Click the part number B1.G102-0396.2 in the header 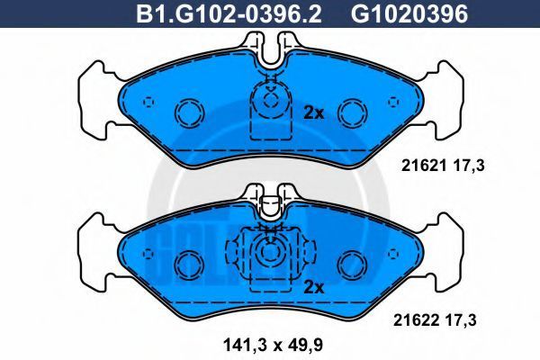(x=229, y=13)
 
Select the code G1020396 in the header (x=409, y=13)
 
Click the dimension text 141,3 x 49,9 (x=273, y=345)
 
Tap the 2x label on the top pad (x=314, y=112)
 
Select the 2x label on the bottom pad (x=314, y=287)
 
